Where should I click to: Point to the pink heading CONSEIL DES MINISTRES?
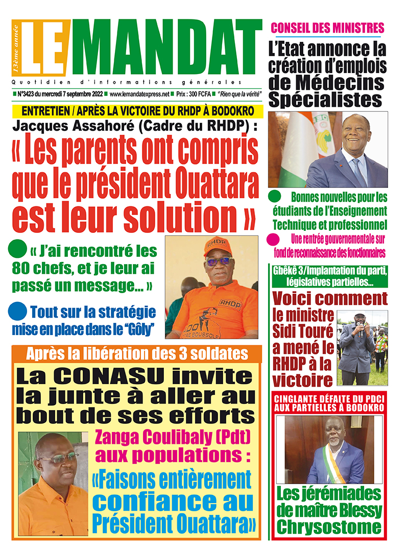coord(327,28)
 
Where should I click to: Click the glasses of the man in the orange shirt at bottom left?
coord(57,458)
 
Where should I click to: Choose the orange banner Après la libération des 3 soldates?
coord(137,353)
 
